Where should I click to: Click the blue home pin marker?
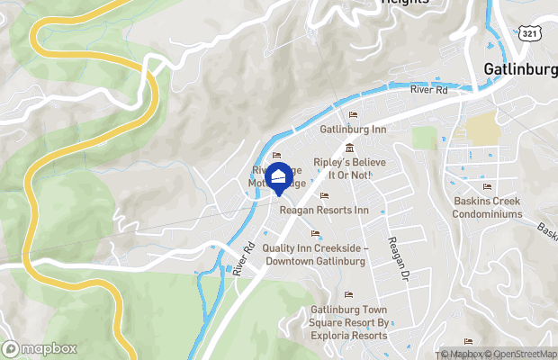click(280, 177)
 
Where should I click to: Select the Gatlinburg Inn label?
click(353, 130)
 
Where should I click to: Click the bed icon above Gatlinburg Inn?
click(353, 115)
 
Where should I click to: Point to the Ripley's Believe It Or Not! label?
click(342, 168)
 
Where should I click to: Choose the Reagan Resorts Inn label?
click(325, 210)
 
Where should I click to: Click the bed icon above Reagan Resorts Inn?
click(324, 196)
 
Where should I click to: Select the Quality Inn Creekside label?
click(313, 255)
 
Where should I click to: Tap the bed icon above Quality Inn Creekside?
click(315, 235)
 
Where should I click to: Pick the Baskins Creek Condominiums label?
click(488, 207)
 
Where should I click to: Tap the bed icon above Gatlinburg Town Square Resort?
click(349, 295)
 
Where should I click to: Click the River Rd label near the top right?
click(428, 90)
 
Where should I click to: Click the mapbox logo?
click(40, 348)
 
